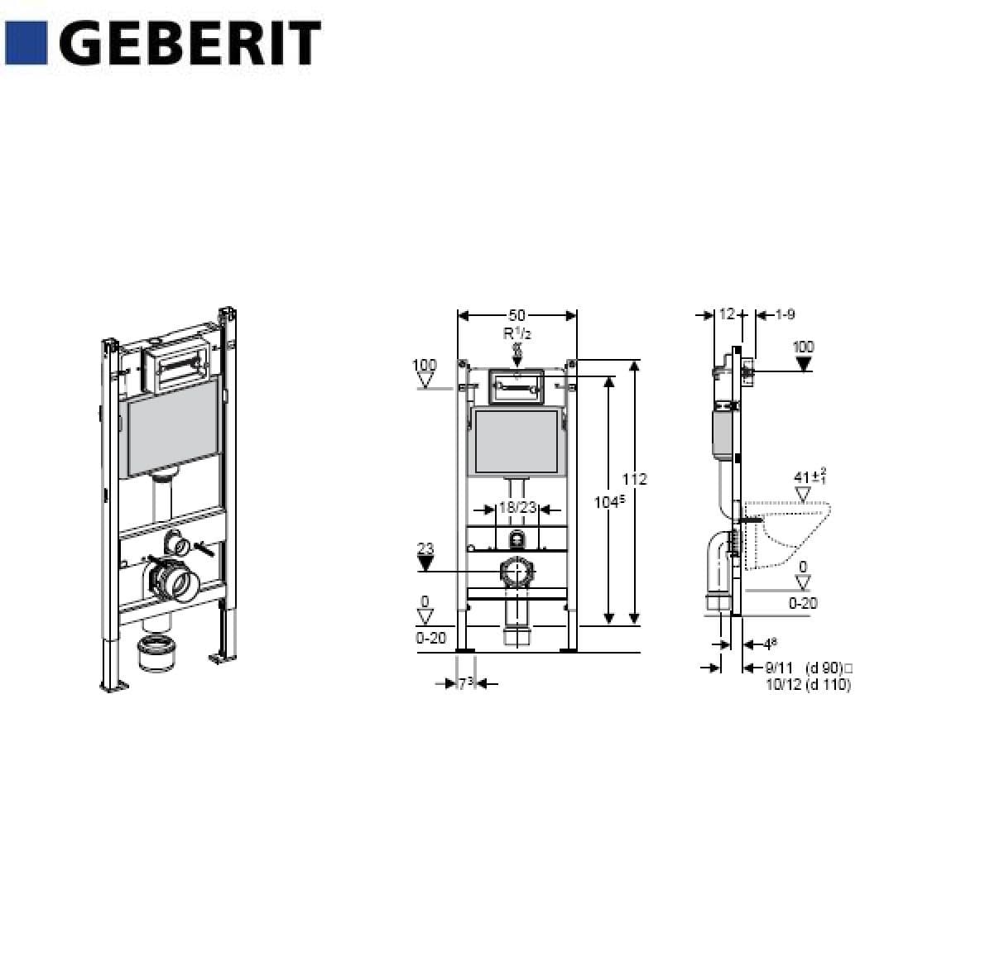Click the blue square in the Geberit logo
click(x=27, y=42)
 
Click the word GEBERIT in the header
click(x=190, y=43)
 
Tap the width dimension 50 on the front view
click(x=517, y=315)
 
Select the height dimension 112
click(x=635, y=479)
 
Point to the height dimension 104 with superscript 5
click(x=608, y=501)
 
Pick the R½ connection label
click(x=517, y=333)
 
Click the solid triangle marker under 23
click(x=425, y=563)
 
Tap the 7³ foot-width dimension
click(x=466, y=683)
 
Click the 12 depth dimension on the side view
click(x=726, y=314)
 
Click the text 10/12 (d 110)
click(x=808, y=684)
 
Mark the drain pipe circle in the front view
click(x=517, y=572)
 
